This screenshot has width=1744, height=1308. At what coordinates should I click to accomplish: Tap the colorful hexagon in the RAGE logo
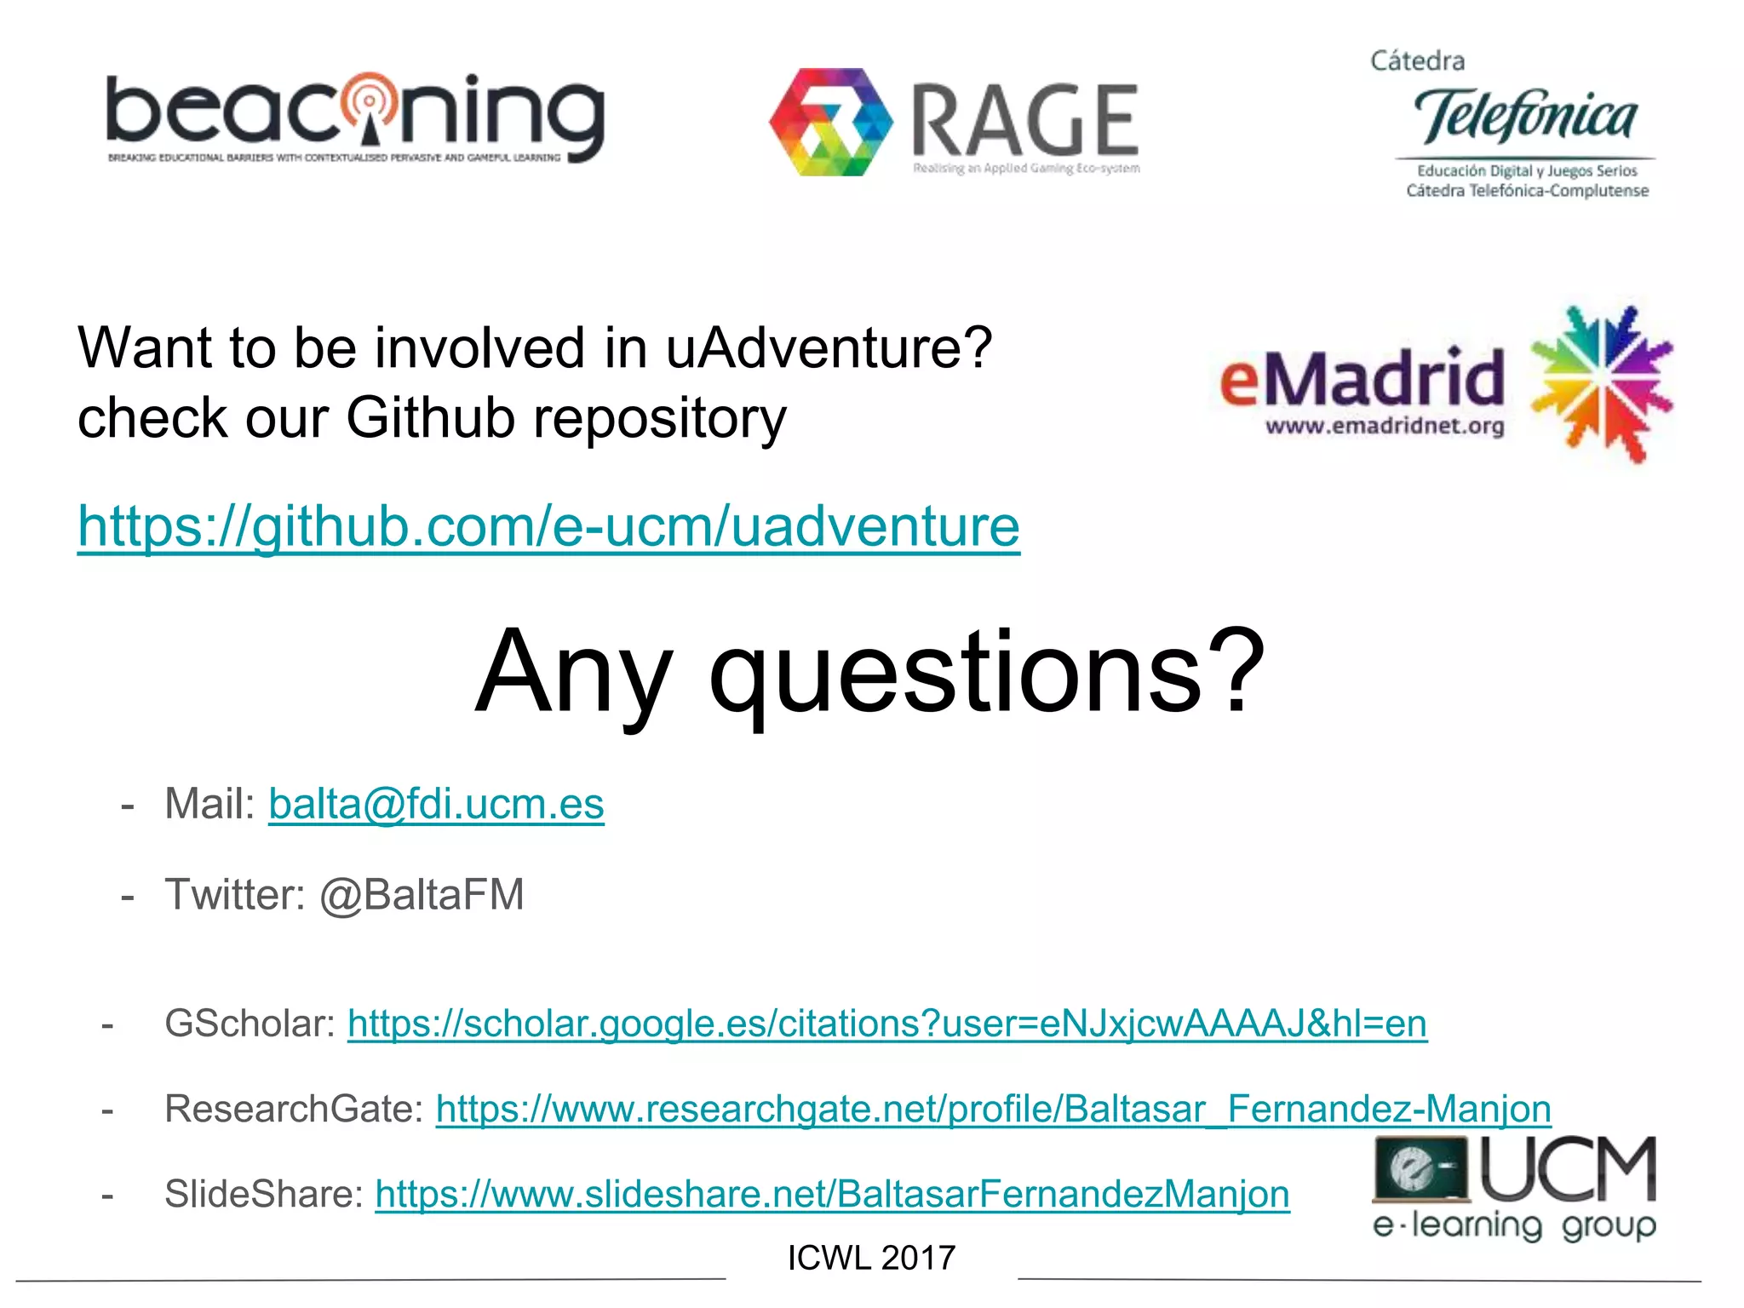pos(830,122)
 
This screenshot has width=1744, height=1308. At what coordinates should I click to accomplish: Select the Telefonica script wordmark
pos(1524,117)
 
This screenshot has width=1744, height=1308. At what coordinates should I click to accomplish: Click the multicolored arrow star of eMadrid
pos(1601,383)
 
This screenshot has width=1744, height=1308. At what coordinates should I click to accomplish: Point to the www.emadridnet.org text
pos(1385,426)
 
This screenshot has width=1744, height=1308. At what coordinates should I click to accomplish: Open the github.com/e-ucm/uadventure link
pos(548,526)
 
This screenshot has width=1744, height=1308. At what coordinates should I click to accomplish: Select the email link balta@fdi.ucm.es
pos(436,804)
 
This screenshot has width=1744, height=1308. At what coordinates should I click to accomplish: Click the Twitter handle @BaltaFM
pos(422,895)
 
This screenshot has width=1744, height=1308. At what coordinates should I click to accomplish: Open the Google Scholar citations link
pos(886,1024)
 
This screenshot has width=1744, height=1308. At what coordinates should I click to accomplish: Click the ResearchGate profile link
pos(993,1109)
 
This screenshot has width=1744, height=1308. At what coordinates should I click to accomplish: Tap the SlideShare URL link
pos(832,1194)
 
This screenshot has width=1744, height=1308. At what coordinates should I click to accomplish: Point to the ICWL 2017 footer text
pos(871,1258)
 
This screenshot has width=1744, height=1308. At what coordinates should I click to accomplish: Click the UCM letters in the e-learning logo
pos(1569,1168)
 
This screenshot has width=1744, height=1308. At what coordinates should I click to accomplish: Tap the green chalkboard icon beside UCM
pos(1420,1167)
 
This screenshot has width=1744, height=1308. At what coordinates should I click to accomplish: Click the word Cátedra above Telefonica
pos(1417,61)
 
